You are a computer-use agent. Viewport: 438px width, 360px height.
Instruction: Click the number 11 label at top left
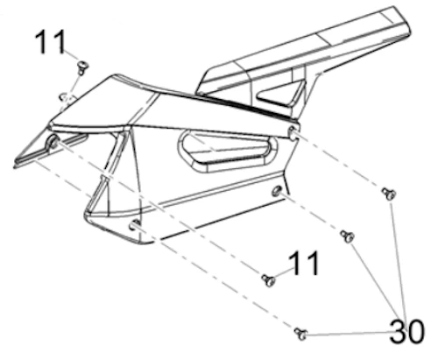50,42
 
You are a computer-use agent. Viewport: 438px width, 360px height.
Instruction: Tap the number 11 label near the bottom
304,263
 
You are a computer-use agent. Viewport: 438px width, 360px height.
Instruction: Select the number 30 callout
407,332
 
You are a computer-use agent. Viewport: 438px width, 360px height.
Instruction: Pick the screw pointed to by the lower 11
268,280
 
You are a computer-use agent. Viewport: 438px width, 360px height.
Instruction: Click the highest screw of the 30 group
389,194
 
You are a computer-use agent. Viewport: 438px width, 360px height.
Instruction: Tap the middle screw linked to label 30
348,236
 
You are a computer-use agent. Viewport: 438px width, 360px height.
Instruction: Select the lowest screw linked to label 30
301,334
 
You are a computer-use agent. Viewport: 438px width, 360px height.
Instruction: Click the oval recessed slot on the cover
228,151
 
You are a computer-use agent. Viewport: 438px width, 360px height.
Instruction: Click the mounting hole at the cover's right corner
293,131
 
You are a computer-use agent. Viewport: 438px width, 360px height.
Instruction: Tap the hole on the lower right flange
276,191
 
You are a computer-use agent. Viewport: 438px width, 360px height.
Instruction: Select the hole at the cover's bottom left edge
135,224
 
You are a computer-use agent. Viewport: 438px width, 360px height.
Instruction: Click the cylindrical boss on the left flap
53,142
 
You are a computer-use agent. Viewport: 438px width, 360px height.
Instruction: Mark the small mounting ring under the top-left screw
67,96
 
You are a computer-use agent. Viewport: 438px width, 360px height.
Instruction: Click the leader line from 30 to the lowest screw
349,334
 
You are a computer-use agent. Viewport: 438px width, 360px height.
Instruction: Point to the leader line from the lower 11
282,272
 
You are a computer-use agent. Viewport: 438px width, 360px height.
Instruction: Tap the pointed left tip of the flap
14,166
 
